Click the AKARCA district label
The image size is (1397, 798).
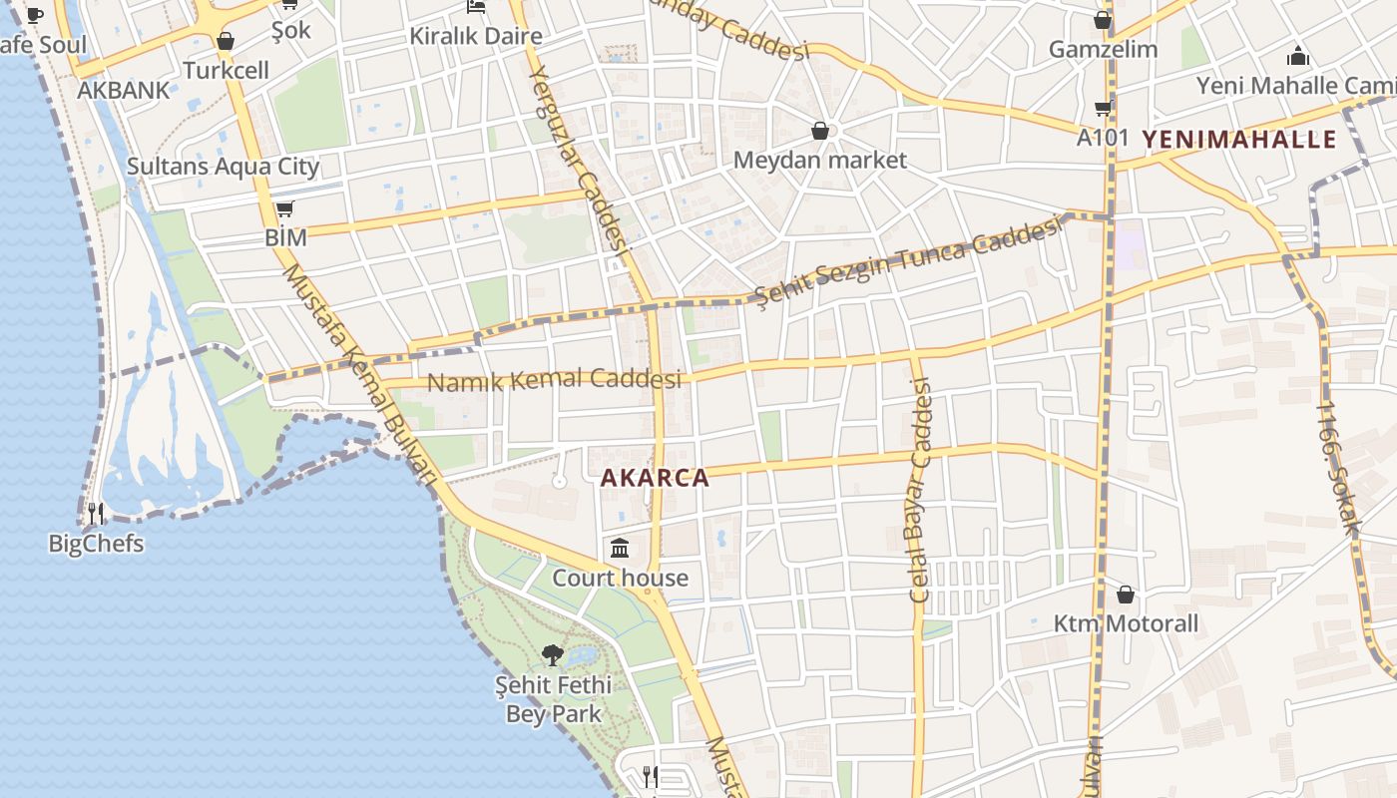[655, 478]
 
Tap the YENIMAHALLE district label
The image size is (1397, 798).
[1238, 139]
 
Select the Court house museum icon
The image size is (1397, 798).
[620, 548]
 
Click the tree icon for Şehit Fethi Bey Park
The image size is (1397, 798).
[552, 655]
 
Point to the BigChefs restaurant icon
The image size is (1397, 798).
[96, 514]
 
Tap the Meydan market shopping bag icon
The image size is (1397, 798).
[819, 131]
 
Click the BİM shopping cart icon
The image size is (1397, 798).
[284, 207]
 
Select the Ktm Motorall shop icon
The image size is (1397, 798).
[1126, 595]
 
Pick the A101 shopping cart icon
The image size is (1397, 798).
[1103, 108]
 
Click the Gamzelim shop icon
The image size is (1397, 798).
[1103, 20]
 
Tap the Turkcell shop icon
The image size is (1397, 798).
[226, 41]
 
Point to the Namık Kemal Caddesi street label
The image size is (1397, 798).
[554, 380]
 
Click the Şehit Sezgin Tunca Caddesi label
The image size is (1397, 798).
[906, 262]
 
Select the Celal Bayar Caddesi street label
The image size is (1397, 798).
[919, 489]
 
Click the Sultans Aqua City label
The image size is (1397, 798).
[223, 166]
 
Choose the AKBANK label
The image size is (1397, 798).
[124, 90]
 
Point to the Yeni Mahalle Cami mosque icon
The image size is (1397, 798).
[1298, 56]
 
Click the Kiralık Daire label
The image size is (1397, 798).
[476, 37]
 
